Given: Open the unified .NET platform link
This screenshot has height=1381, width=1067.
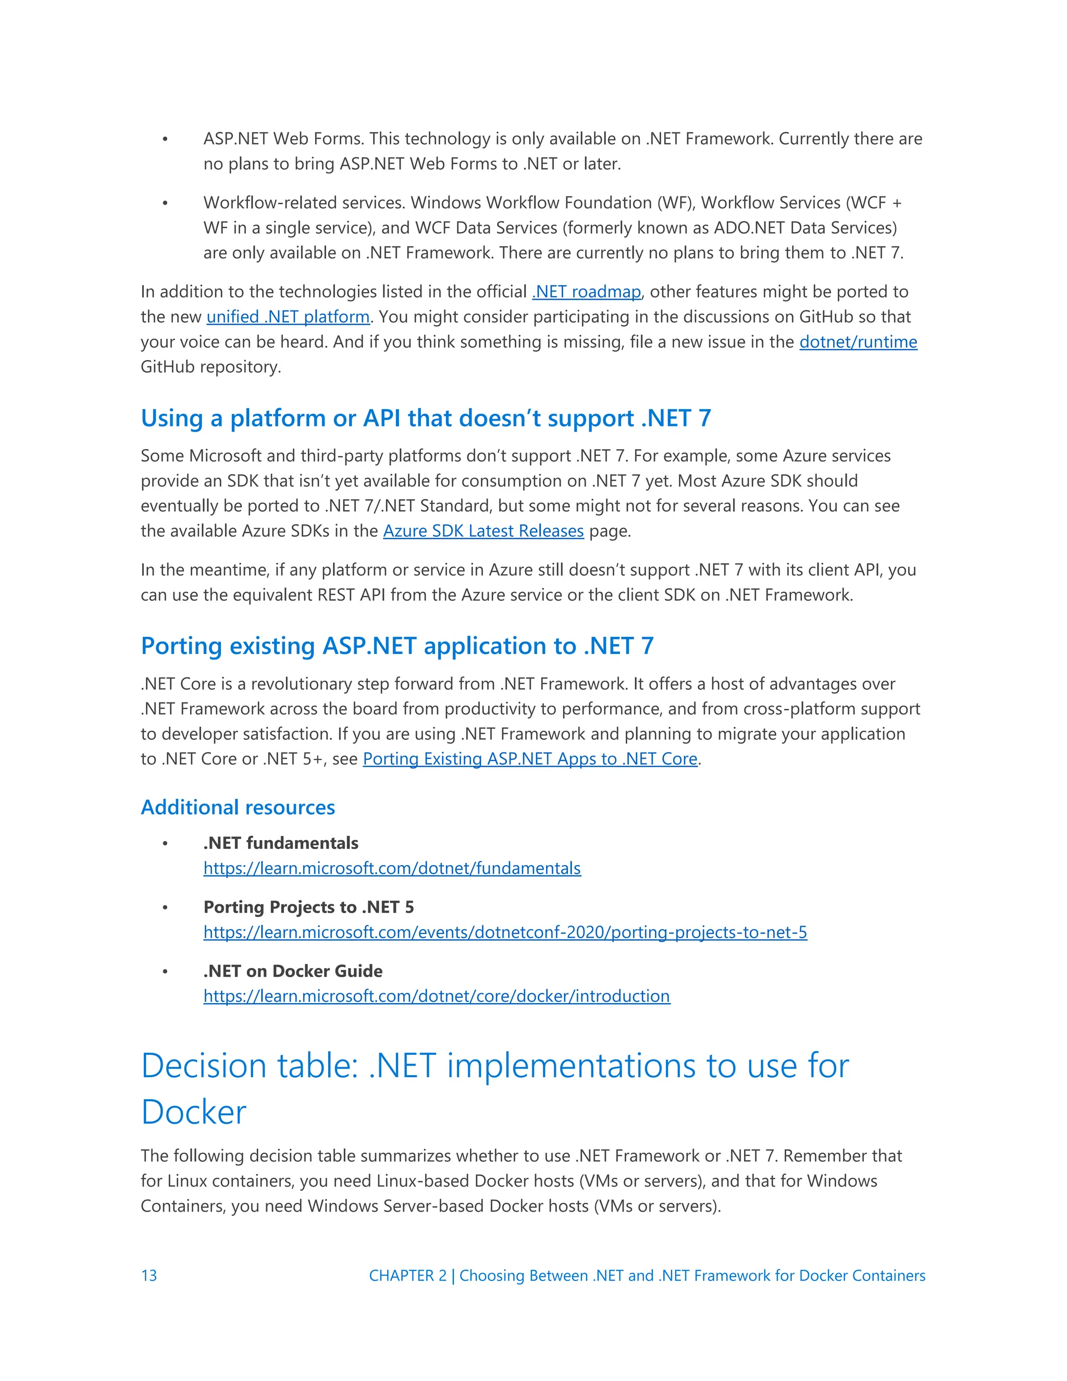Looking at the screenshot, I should click(x=288, y=317).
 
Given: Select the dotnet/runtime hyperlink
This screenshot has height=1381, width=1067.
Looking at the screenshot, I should click(x=858, y=342).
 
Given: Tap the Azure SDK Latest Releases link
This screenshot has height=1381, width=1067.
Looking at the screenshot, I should click(x=483, y=531).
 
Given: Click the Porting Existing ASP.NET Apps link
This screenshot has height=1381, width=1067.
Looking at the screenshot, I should click(x=530, y=759).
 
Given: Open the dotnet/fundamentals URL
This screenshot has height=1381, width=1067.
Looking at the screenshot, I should click(x=392, y=868).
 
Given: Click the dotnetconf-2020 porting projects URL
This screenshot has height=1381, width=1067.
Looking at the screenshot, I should click(x=505, y=932).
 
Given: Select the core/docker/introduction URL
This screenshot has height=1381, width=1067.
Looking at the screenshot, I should click(x=436, y=996).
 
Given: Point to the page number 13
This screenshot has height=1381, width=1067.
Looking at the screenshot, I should click(x=149, y=1275).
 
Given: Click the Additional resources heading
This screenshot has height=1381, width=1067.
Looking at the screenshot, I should click(x=238, y=807).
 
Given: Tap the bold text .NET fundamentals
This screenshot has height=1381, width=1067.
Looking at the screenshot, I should click(x=281, y=843).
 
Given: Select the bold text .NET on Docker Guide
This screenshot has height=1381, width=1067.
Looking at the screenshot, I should click(x=293, y=971).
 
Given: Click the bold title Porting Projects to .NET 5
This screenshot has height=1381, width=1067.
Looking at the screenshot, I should click(x=308, y=907).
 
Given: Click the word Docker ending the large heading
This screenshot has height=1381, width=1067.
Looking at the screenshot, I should click(x=193, y=1112).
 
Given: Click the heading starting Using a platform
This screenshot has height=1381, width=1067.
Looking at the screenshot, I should click(x=426, y=418).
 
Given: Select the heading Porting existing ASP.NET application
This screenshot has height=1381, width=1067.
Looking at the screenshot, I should click(x=396, y=646).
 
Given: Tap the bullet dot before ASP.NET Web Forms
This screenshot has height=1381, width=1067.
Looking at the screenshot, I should click(x=165, y=139).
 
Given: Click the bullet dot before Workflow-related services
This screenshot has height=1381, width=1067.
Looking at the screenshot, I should click(x=165, y=203).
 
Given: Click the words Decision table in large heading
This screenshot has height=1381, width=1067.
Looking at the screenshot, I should click(x=250, y=1066).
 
